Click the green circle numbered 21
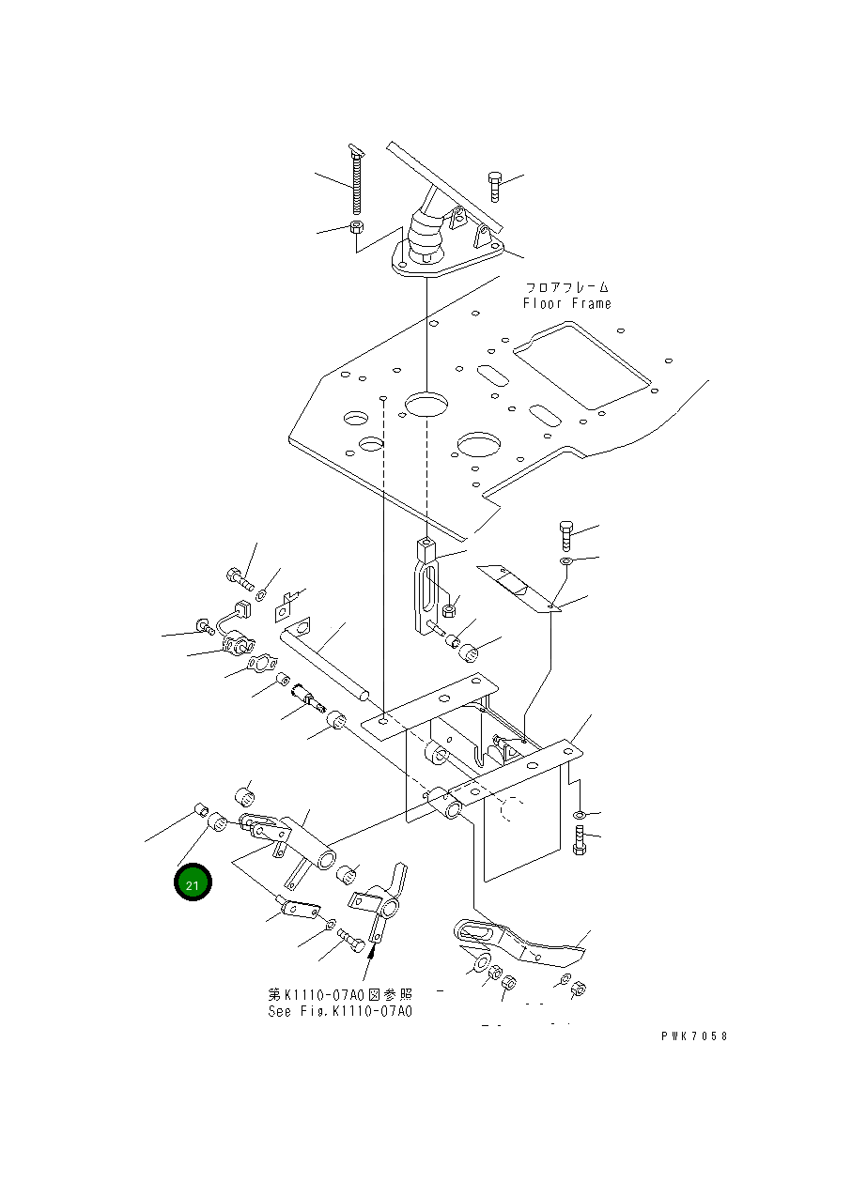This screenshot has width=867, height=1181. [x=193, y=883]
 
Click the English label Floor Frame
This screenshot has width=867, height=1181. [x=566, y=303]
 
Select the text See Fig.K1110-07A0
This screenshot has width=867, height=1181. [x=339, y=1011]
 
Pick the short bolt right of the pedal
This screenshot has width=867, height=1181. [x=495, y=186]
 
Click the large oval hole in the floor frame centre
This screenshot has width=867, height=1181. [x=426, y=406]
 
